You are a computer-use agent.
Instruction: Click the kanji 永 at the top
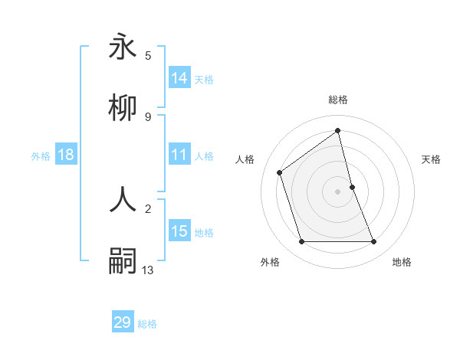(123, 47)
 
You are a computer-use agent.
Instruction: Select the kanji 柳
(123, 109)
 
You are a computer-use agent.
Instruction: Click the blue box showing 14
(179, 78)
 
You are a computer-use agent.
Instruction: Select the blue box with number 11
(179, 155)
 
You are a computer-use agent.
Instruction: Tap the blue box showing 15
(179, 231)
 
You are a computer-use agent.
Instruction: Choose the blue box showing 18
(66, 155)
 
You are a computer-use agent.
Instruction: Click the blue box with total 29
(123, 322)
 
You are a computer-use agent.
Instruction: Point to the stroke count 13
(148, 269)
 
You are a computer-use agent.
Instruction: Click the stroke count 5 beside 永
(148, 55)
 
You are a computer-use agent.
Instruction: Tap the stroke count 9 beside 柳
(148, 116)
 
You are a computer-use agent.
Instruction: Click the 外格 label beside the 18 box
(41, 155)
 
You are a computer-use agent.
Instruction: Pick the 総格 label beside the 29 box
(147, 324)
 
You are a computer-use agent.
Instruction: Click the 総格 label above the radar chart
(337, 100)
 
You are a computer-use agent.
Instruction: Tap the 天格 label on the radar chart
(431, 159)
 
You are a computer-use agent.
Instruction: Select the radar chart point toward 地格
(374, 242)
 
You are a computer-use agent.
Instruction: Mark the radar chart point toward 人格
(280, 172)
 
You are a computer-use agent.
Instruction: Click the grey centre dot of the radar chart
(337, 191)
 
